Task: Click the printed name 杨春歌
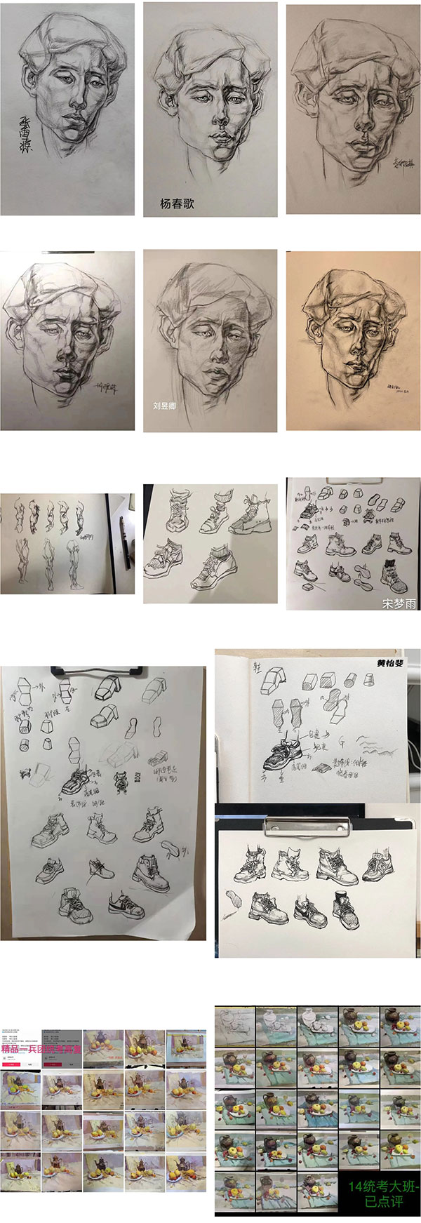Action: pyautogui.click(x=177, y=204)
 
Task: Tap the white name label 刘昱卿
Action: pyautogui.click(x=165, y=406)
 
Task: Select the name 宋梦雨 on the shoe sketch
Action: pyautogui.click(x=399, y=603)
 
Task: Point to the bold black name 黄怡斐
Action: pyautogui.click(x=390, y=663)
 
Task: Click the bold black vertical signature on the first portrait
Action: pyautogui.click(x=29, y=133)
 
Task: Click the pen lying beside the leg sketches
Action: pyautogui.click(x=124, y=541)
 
